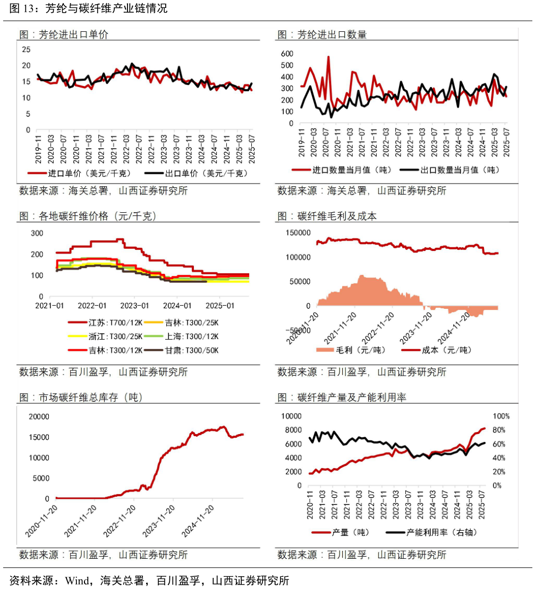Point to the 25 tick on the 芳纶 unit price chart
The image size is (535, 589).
(27, 49)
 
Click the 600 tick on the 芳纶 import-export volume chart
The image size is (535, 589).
(287, 54)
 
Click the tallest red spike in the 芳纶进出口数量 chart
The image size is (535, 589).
(328, 57)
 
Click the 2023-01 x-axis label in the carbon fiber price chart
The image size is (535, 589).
(135, 306)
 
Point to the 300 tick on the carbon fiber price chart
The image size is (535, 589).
(37, 233)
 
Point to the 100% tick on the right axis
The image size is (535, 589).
(502, 416)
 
